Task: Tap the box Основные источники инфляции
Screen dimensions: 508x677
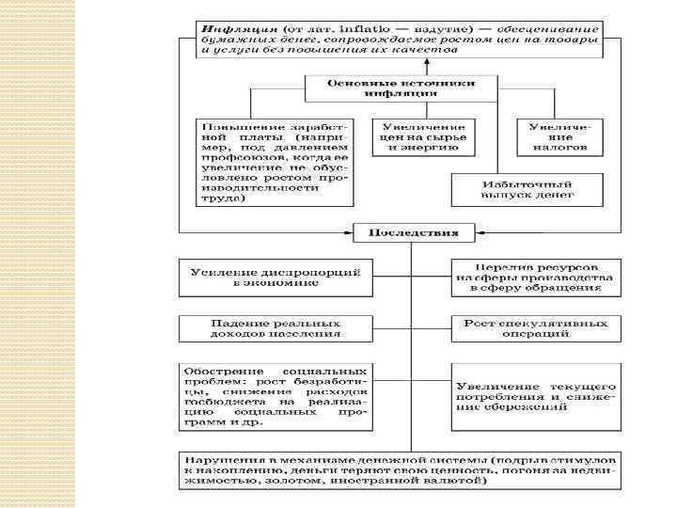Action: [400, 88]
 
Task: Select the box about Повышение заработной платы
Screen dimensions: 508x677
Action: [275, 161]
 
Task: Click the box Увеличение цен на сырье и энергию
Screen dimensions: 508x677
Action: [420, 136]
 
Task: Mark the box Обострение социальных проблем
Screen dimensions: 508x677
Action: [275, 397]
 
